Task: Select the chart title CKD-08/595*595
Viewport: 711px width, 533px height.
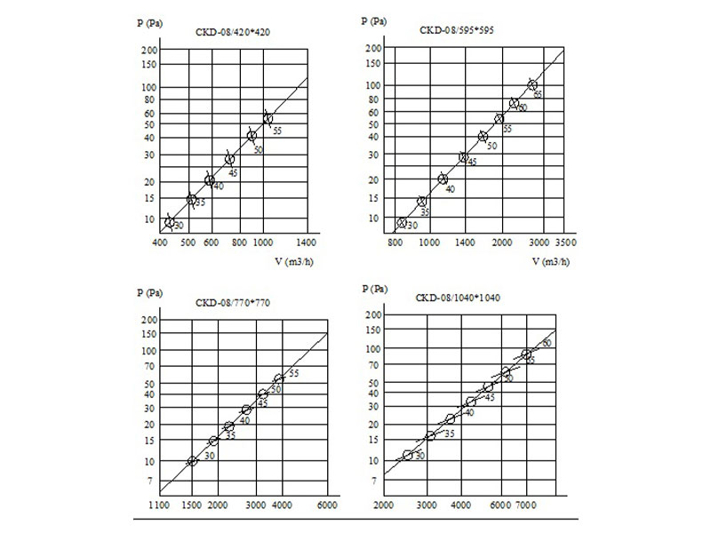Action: click(457, 29)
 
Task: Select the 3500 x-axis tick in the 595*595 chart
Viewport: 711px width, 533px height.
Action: click(565, 241)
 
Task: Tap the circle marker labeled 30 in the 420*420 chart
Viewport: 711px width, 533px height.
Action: click(170, 221)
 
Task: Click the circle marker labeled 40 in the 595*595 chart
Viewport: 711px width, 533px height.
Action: click(443, 179)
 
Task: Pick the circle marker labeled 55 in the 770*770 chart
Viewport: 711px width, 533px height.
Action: click(279, 379)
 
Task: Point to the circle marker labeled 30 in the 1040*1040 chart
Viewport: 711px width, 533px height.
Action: click(408, 455)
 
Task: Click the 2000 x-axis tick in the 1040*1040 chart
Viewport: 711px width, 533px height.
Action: click(384, 505)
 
